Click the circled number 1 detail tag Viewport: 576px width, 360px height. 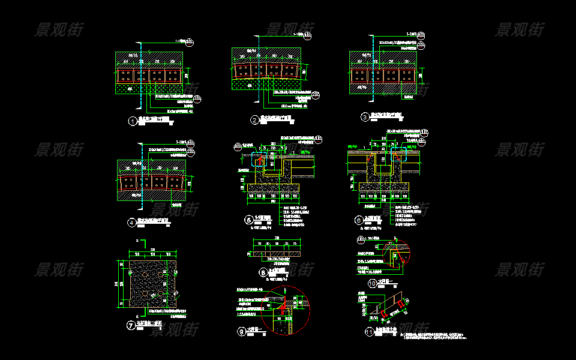pos(132,121)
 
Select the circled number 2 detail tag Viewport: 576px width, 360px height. pos(254,120)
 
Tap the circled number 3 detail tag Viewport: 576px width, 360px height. pos(364,117)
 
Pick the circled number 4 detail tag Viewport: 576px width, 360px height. pos(132,223)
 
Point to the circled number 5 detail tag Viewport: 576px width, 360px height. pos(249,220)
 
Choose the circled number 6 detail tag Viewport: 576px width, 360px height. pos(359,220)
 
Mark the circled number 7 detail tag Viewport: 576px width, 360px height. pos(131,326)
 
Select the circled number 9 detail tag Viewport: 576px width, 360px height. pos(242,331)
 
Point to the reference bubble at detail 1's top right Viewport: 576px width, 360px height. pos(190,42)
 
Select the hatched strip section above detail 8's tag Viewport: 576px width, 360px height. pos(275,253)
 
